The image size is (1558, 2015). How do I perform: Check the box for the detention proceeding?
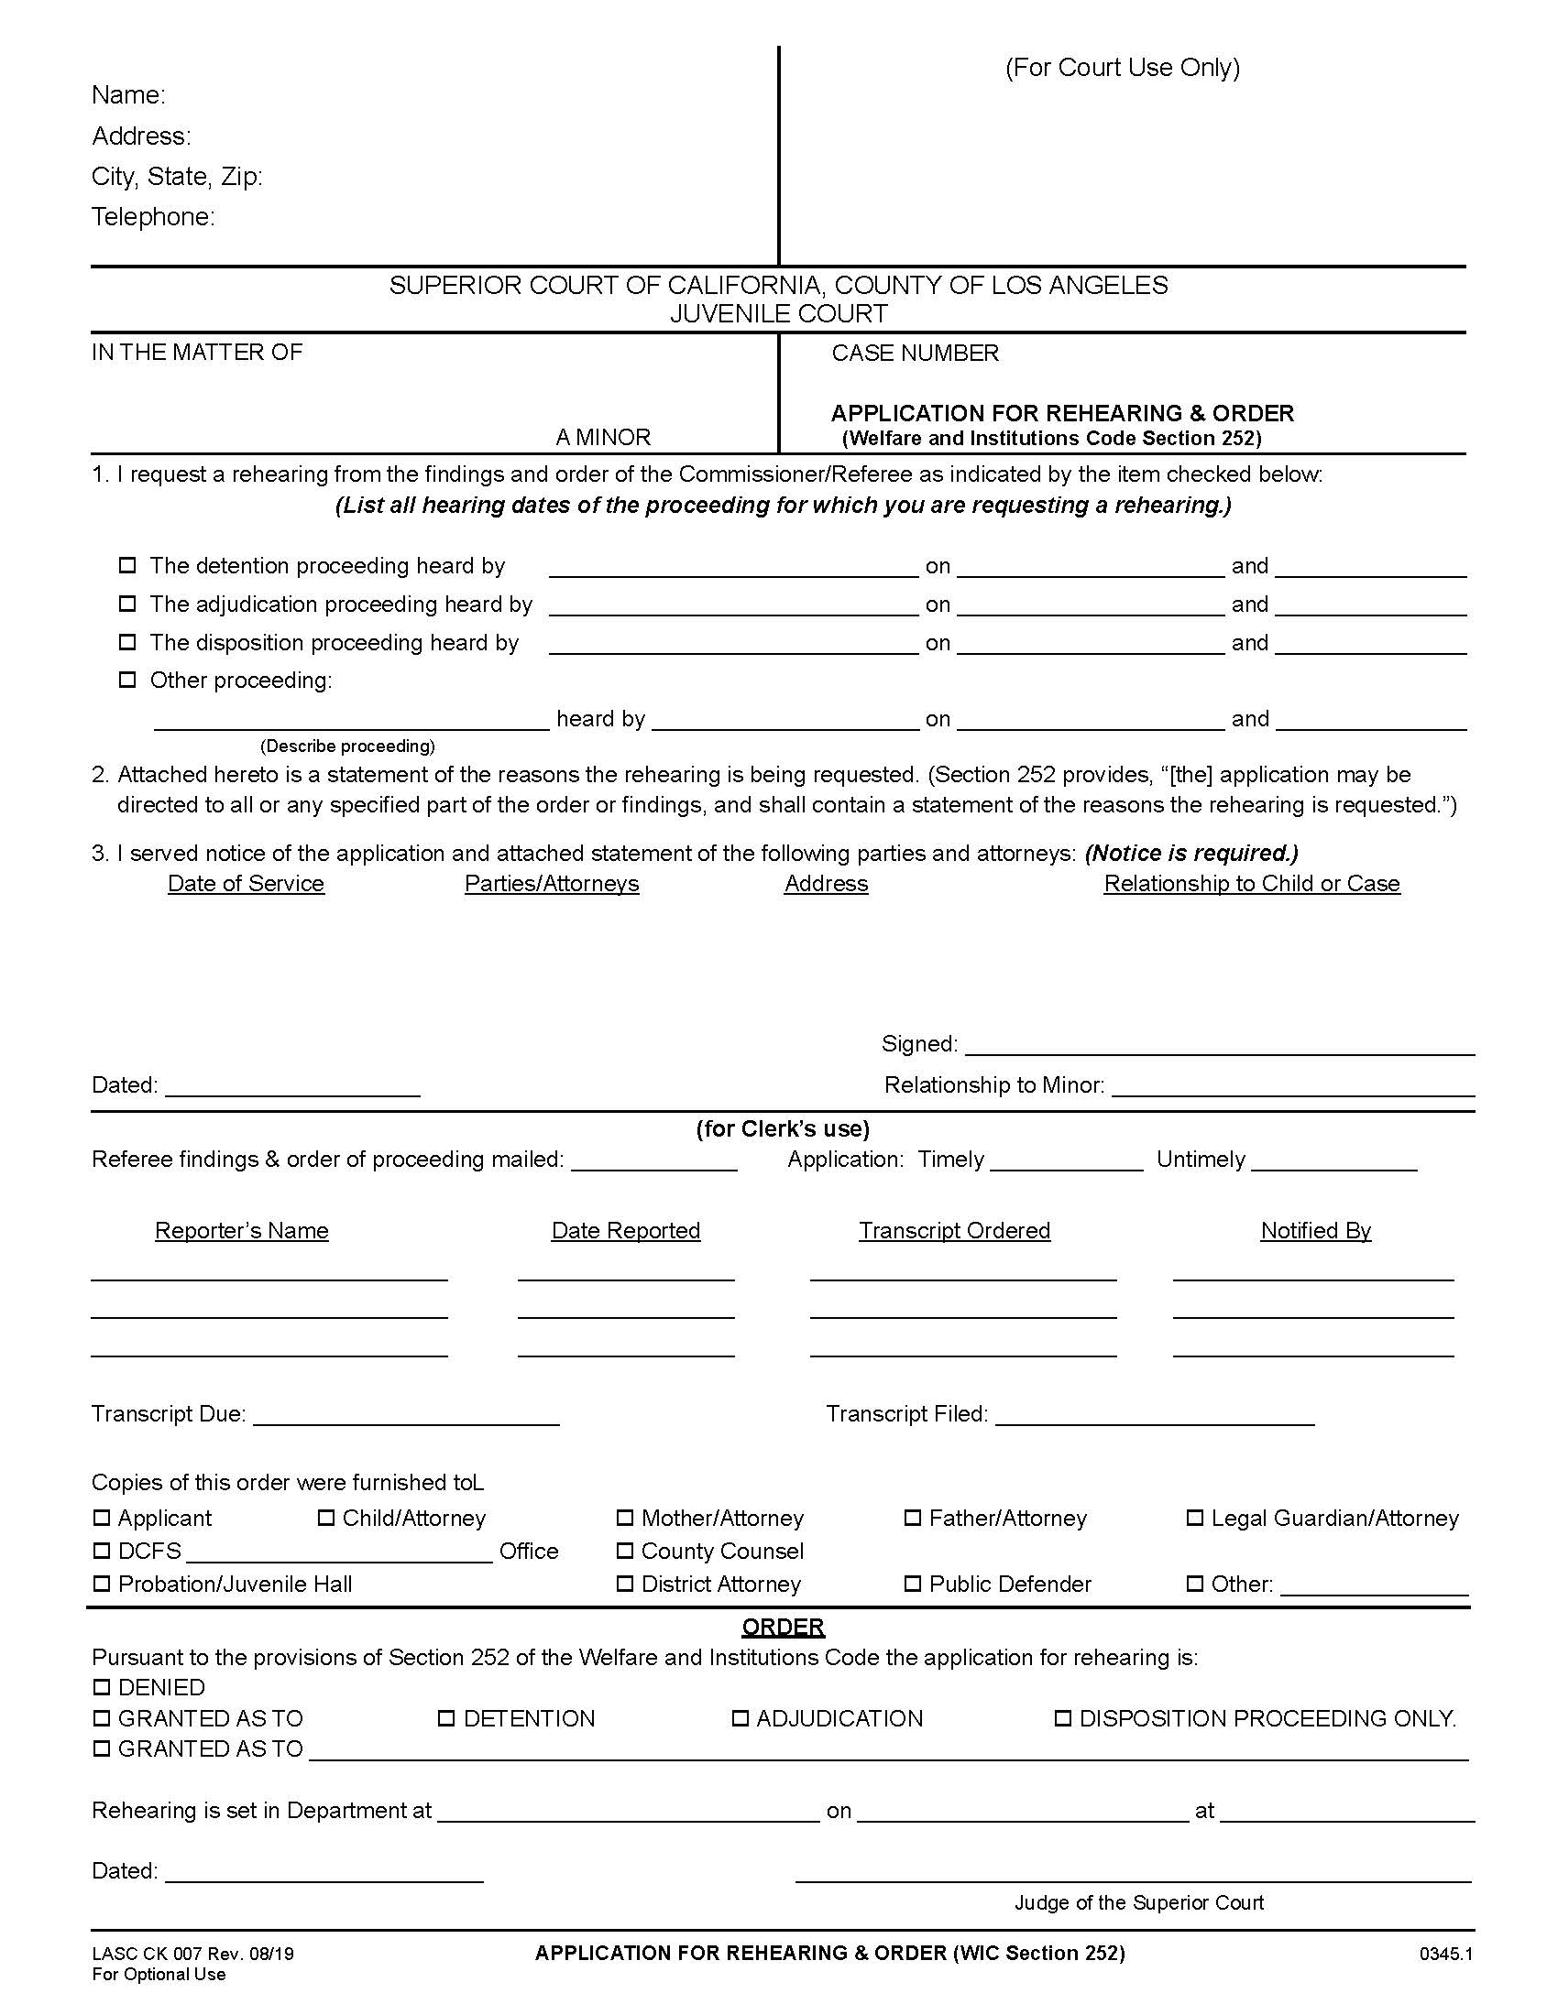[127, 564]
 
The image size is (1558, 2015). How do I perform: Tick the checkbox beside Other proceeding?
[127, 680]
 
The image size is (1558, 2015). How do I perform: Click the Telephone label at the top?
[152, 217]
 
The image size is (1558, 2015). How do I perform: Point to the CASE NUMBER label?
[915, 354]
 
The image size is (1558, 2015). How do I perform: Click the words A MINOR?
[603, 436]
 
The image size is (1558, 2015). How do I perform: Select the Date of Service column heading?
[246, 884]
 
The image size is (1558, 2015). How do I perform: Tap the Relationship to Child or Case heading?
[1252, 884]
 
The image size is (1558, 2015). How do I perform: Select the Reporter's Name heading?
[242, 1231]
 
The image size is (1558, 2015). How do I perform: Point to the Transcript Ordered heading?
[954, 1231]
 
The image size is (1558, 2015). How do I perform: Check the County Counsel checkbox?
[625, 1550]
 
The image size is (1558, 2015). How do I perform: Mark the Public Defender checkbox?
[912, 1584]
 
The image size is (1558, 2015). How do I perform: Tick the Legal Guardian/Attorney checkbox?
[1194, 1518]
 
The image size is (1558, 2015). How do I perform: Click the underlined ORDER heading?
[783, 1627]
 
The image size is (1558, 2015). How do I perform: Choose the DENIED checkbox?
[102, 1687]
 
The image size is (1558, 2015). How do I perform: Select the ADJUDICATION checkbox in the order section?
[740, 1718]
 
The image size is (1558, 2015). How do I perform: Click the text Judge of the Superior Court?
[1139, 1902]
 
